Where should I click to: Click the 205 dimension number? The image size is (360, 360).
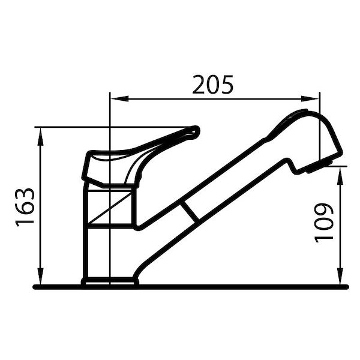coord(213,85)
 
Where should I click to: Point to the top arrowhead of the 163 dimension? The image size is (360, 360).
coord(41,133)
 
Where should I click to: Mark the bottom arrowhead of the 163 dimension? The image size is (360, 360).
coord(41,281)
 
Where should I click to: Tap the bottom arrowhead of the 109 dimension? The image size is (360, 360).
coord(340,281)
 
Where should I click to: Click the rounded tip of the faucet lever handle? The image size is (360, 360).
coord(194,130)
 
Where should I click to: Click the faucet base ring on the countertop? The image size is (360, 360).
coord(109,280)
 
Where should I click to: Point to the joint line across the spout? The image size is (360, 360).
coord(190,211)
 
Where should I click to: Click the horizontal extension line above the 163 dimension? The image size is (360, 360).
coord(72,127)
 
